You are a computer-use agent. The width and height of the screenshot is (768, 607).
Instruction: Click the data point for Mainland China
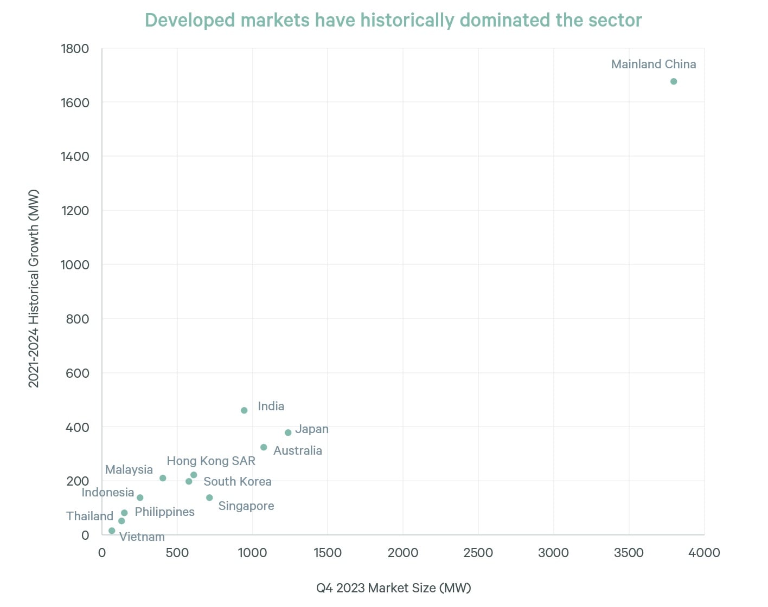pos(674,81)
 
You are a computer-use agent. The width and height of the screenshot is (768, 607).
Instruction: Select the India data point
pos(244,410)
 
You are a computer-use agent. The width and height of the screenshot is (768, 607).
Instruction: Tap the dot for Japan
pos(288,432)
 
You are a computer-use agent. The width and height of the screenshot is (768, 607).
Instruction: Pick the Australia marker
pos(264,447)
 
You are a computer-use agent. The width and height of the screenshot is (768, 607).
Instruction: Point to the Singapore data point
pos(209,498)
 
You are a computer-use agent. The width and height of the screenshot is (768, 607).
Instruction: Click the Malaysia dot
pos(163,478)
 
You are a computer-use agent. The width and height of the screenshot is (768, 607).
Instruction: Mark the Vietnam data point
pos(112,531)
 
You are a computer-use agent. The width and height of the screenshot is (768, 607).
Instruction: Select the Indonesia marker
pos(140,498)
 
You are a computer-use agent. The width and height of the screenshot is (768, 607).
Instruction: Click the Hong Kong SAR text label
pos(210,461)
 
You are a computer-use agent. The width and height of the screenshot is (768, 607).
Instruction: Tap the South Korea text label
pos(237,481)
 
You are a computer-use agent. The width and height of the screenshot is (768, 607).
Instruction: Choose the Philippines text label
pos(164,512)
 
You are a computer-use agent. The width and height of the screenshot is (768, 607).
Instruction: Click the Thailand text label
pos(89,516)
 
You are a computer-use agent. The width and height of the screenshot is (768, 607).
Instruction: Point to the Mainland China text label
pos(653,64)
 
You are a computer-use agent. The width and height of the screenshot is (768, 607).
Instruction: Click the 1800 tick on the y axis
pos(75,49)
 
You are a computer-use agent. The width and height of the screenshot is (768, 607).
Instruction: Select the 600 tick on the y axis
pos(78,373)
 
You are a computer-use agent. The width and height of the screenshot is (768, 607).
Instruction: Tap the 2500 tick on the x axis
pos(478,553)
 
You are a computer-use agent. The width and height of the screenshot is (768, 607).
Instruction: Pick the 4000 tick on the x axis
pos(704,553)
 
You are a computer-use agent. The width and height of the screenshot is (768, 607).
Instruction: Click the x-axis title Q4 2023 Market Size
pos(393,587)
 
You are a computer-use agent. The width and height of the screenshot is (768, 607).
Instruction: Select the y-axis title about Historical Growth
pos(34,288)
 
